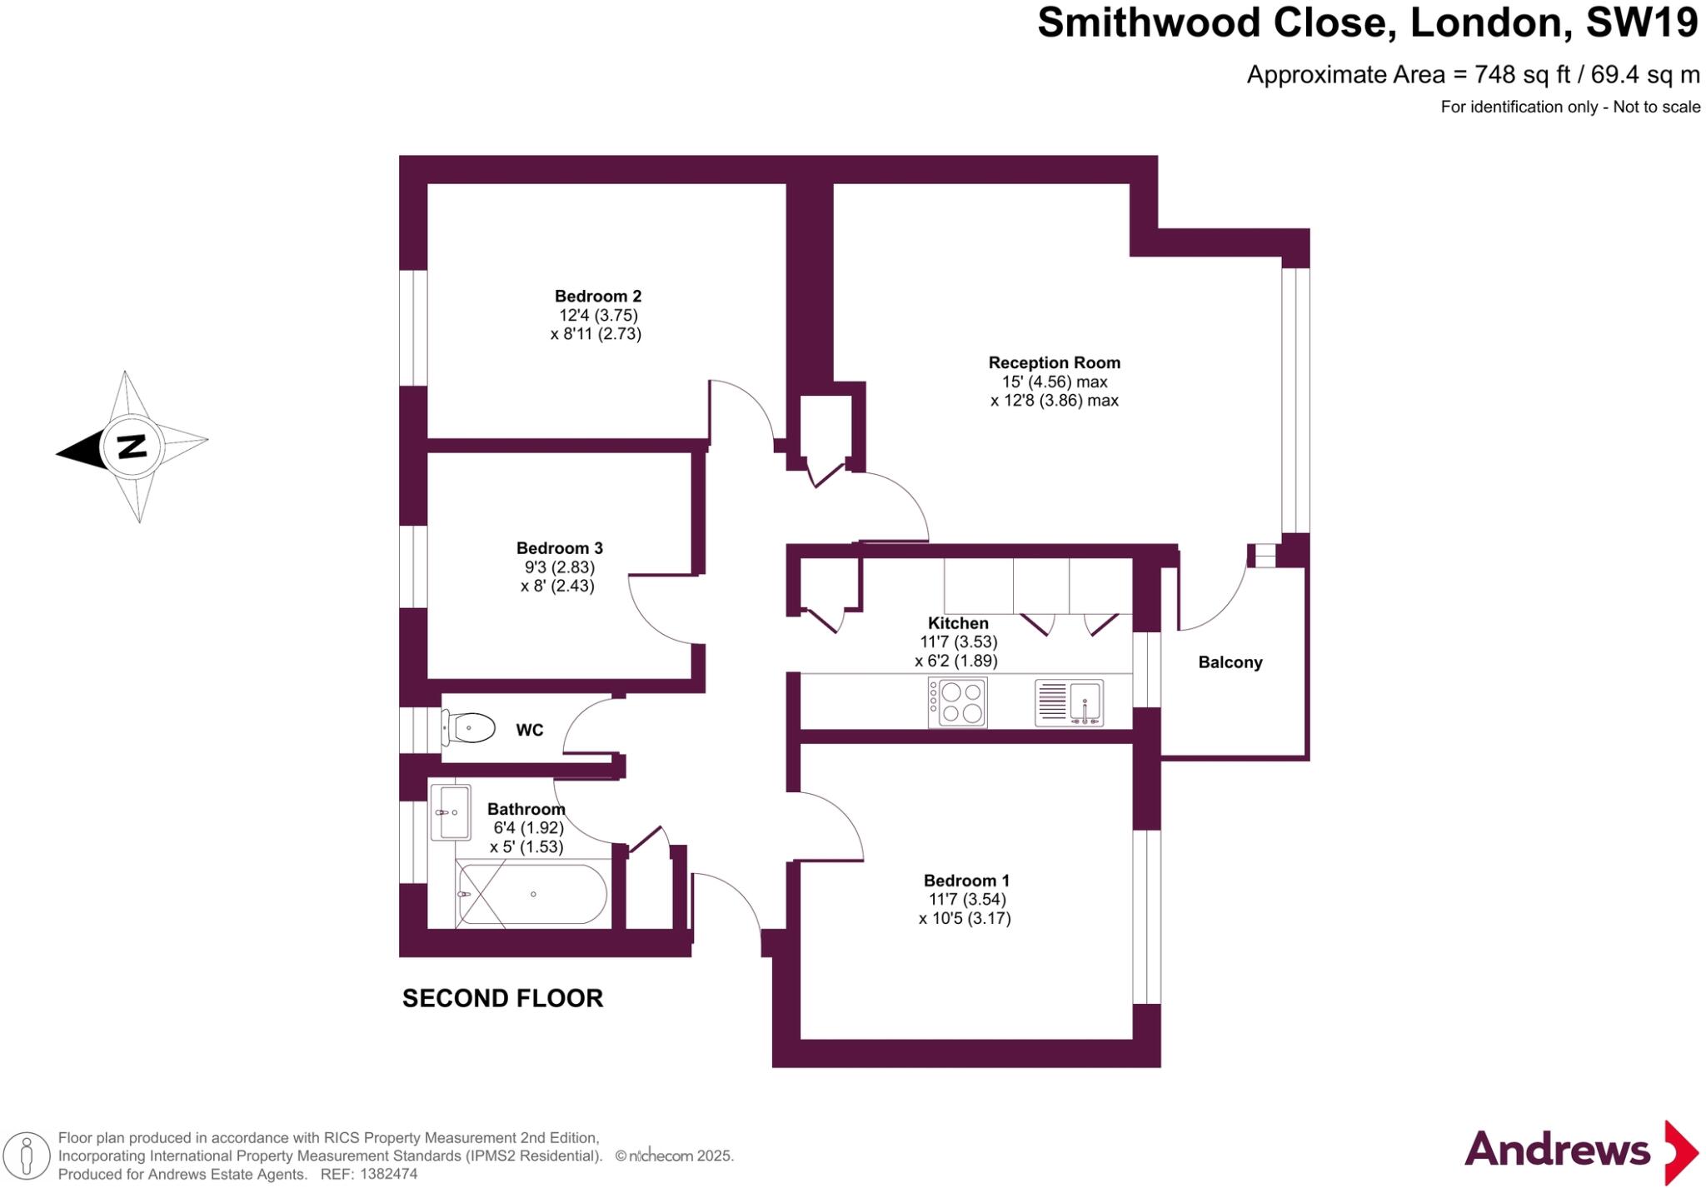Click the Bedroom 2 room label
598,296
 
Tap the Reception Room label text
1054,362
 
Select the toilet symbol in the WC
468,727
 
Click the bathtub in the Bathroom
531,894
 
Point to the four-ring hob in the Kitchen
958,701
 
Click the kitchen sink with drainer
1070,702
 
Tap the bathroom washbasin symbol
451,811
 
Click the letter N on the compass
132,447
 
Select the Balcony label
1230,662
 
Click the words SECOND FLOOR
502,998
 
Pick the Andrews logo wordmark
1557,1151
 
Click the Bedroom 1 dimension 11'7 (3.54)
966,900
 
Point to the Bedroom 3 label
559,548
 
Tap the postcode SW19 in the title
1641,23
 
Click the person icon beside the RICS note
27,1156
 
